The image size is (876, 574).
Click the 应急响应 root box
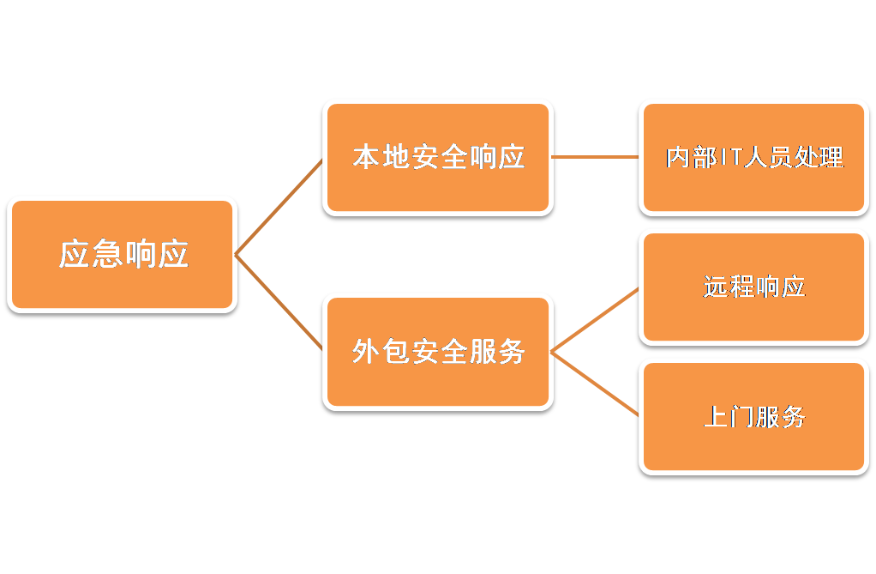point(122,254)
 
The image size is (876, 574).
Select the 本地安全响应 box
point(438,157)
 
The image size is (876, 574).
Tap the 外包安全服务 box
point(438,351)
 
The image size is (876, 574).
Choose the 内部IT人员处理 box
point(754,157)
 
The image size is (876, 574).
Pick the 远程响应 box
point(754,287)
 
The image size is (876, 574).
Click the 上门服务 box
point(754,417)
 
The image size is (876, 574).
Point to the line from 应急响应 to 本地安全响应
point(279,206)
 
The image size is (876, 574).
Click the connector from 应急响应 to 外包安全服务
point(279,303)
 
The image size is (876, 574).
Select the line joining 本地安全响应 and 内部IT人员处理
point(596,157)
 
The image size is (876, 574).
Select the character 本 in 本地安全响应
point(366,157)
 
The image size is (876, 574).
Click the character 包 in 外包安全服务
point(395,351)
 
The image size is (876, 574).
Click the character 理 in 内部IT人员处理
point(831,158)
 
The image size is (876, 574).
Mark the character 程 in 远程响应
point(741,287)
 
